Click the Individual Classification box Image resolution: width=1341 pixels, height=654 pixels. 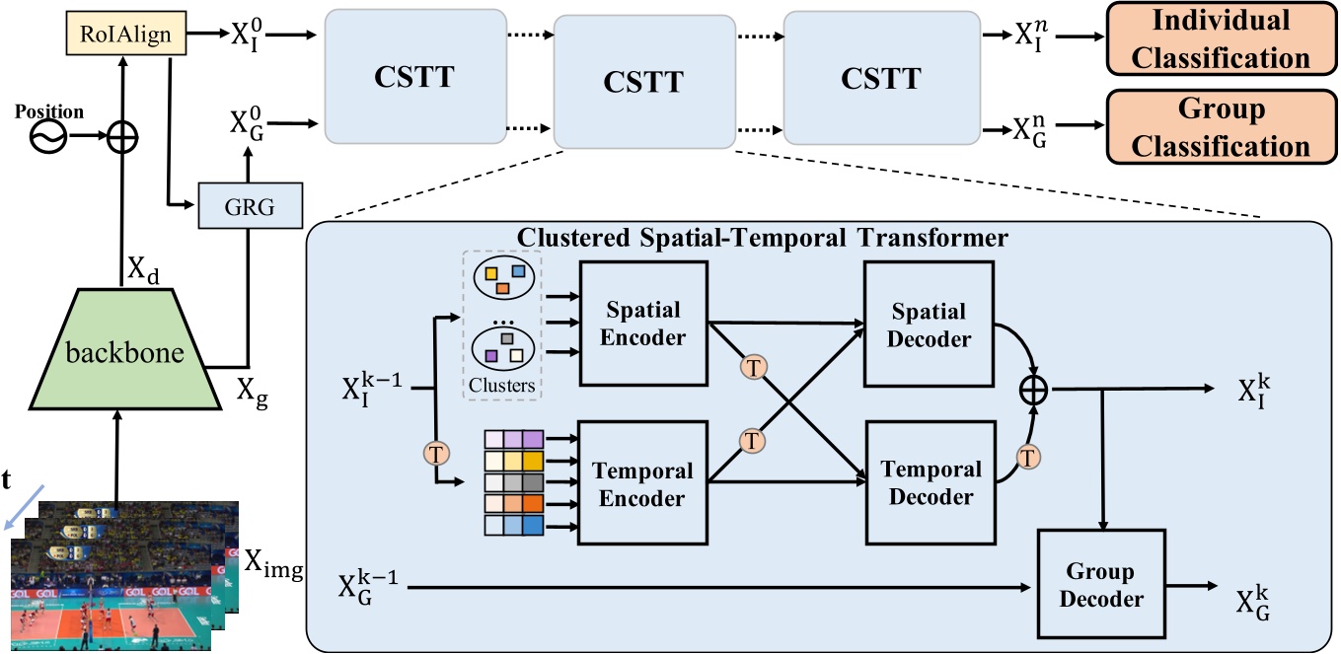1221,38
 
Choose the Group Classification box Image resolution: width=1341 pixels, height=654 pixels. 1221,126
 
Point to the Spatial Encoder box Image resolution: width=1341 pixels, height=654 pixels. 643,323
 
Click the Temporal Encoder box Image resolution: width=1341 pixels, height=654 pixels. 643,483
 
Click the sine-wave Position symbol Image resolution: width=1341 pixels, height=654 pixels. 48,139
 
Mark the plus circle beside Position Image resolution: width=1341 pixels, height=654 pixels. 121,139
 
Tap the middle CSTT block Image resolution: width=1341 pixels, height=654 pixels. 643,81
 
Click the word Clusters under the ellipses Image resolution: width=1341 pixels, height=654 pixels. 503,386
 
